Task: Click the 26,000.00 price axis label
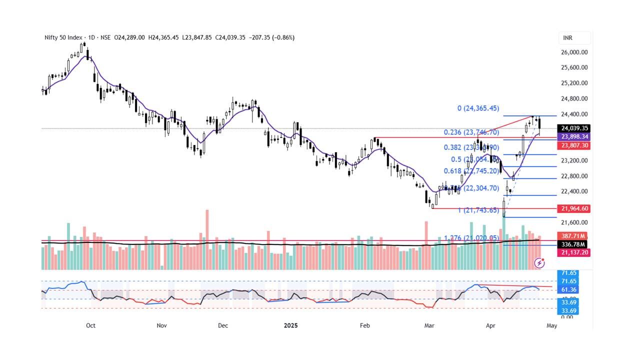(574, 52)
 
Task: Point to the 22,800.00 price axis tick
(574, 176)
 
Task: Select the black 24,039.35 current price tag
(574, 128)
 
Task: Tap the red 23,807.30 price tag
(574, 145)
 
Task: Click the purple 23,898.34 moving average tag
(574, 137)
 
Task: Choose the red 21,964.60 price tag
(574, 208)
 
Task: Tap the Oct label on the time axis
(90, 325)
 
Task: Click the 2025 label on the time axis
(290, 325)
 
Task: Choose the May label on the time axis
(551, 325)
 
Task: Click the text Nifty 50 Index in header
(63, 37)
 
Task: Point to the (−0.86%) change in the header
(283, 37)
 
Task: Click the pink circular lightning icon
(539, 262)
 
